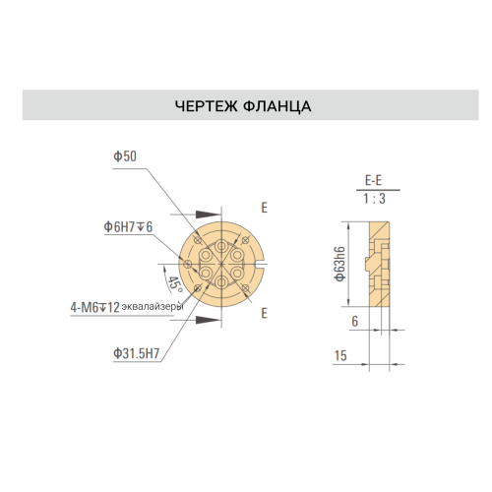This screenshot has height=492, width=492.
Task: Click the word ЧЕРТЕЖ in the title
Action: [206, 106]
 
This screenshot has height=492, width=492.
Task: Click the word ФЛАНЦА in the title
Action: [277, 106]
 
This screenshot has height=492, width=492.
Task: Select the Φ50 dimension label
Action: [125, 156]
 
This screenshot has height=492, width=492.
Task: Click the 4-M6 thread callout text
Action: [94, 308]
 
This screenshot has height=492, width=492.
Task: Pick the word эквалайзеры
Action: [153, 307]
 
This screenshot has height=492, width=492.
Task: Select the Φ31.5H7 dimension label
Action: [137, 353]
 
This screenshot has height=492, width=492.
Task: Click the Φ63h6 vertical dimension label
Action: [340, 264]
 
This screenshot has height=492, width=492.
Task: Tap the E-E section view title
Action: [374, 181]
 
